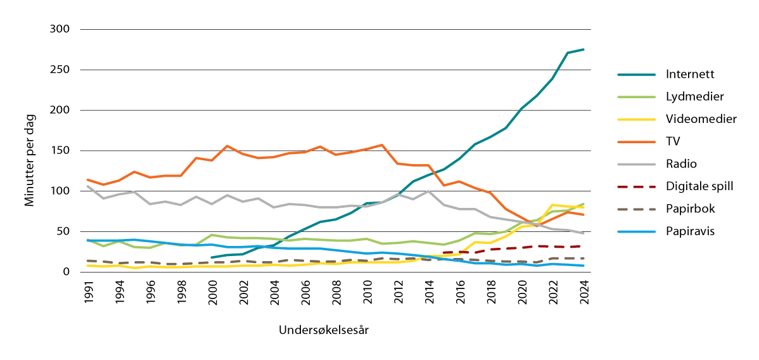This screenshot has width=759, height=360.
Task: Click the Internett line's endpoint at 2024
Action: pos(583,49)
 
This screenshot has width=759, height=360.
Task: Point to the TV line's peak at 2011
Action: pos(381,145)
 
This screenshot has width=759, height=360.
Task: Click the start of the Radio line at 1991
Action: pos(87,186)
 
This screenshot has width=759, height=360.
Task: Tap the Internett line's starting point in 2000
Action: pos(211,257)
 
